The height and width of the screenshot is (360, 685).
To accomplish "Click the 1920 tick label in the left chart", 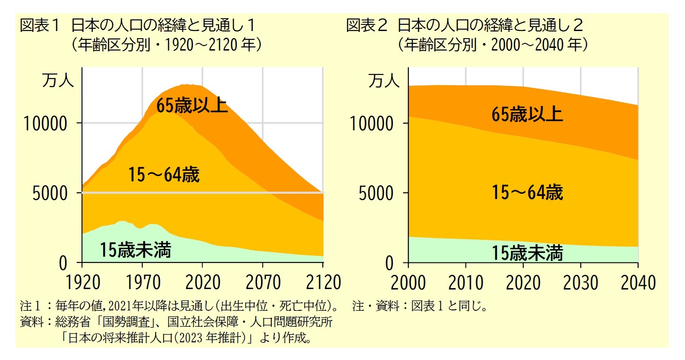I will click(82, 282).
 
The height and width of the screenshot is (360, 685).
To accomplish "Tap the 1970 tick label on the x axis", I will click(142, 282).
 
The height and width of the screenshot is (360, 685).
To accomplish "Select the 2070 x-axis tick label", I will click(263, 282).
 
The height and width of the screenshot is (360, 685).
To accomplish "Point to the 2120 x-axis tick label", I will click(323, 282).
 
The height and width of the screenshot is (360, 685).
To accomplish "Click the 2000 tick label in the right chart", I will click(408, 282).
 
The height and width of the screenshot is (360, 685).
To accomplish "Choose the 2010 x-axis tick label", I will click(466, 282).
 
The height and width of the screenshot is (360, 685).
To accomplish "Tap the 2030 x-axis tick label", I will click(580, 282).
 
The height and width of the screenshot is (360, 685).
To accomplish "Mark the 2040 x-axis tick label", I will click(638, 282).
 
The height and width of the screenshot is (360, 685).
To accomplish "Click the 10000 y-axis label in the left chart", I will click(46, 124).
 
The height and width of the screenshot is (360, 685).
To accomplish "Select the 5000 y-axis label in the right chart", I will click(376, 194).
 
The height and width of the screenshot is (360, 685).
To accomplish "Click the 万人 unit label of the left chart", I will click(58, 81).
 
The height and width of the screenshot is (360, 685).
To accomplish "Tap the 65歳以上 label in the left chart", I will click(192, 106).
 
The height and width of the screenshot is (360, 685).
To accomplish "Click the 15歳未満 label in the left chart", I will click(135, 250).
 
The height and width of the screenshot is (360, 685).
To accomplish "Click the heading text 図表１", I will click(39, 25).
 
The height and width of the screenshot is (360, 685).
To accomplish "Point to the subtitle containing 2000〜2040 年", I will click(493, 45).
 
